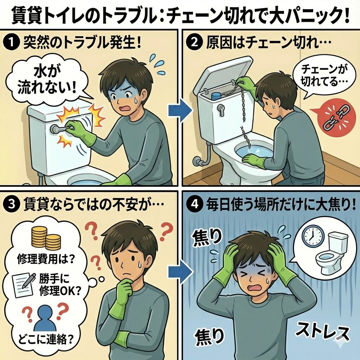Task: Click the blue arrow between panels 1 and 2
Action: pyautogui.click(x=180, y=111)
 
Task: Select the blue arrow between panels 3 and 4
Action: pyautogui.click(x=180, y=272)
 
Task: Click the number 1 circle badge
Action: pyautogui.click(x=11, y=43)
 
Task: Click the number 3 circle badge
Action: pyautogui.click(x=11, y=204)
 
